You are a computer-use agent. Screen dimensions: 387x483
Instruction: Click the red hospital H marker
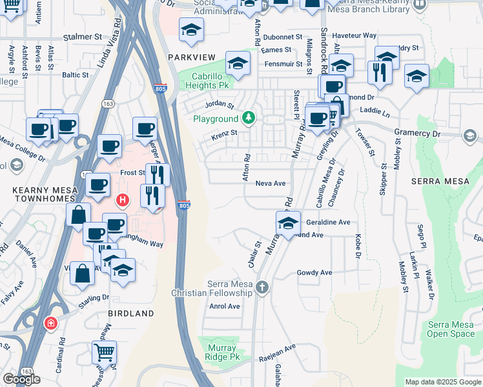pos(123,201)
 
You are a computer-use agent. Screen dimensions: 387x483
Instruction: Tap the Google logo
pos(21,379)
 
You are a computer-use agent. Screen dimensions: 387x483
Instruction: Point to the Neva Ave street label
pos(270,183)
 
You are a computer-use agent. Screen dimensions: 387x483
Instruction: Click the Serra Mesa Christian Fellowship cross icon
pos(262,287)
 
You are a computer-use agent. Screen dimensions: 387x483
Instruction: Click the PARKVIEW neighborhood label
pos(191,57)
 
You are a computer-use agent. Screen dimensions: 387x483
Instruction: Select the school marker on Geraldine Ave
pos(288,224)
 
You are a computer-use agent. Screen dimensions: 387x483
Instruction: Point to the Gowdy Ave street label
pos(314,273)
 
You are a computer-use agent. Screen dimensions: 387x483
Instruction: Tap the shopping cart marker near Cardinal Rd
pos(104,353)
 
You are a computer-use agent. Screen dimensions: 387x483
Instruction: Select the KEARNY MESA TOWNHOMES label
pos(45,195)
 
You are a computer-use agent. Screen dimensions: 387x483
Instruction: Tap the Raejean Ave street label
pos(278,346)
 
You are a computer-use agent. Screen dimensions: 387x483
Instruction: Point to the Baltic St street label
pos(75,75)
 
